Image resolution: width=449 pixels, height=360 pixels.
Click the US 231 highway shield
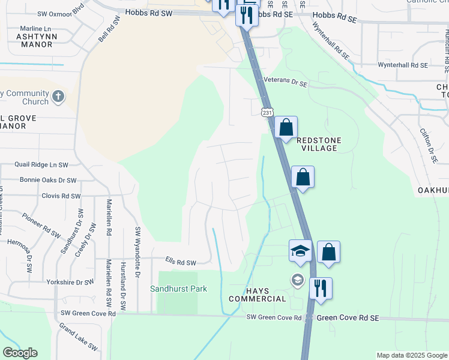pyautogui.click(x=267, y=112)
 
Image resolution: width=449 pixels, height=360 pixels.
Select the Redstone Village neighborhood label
pyautogui.click(x=318, y=144)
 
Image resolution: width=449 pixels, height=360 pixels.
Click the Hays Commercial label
pyautogui.click(x=258, y=294)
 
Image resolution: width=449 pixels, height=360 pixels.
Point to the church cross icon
pyautogui.click(x=58, y=97)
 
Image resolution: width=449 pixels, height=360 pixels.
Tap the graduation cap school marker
pyautogui.click(x=300, y=251)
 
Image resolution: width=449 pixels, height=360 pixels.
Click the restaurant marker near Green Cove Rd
pyautogui.click(x=321, y=289)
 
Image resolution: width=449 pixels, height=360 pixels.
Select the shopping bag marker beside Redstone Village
pyautogui.click(x=286, y=127)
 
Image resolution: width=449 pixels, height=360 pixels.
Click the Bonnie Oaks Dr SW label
pyautogui.click(x=48, y=180)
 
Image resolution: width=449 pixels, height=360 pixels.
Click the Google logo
pyautogui.click(x=20, y=353)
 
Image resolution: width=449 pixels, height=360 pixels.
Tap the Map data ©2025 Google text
pyautogui.click(x=411, y=355)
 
